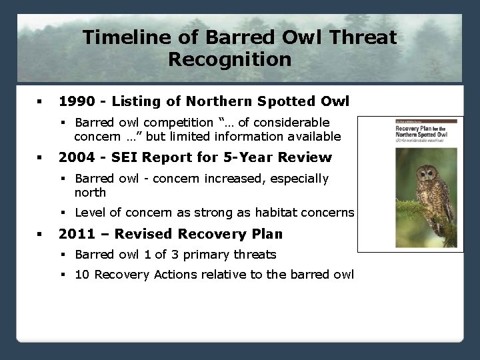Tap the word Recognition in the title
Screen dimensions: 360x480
coord(229,59)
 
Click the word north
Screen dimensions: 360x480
coord(90,192)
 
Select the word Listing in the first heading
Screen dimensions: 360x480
coord(137,101)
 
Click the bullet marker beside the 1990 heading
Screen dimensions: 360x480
coord(39,102)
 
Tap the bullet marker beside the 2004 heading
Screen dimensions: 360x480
coord(39,158)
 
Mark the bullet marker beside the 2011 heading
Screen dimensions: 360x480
coord(39,235)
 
